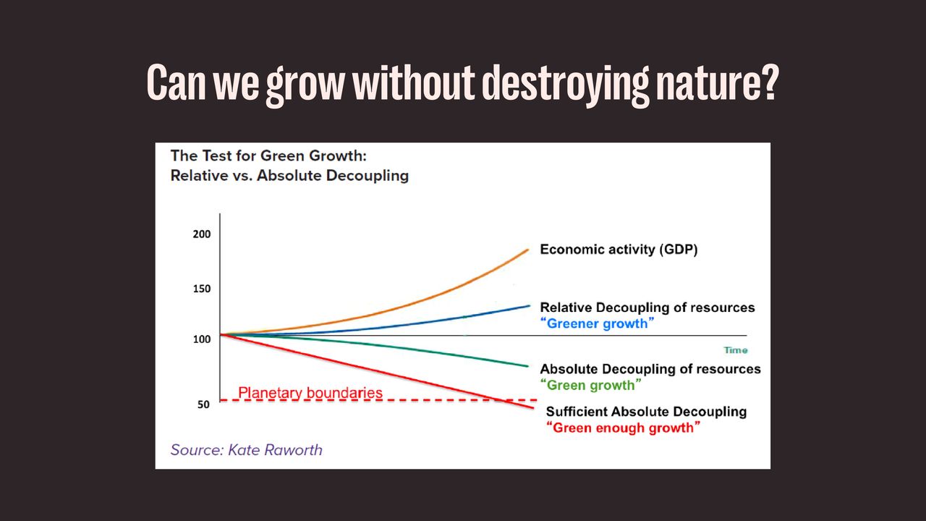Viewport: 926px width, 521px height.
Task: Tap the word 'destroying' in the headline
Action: pyautogui.click(x=564, y=85)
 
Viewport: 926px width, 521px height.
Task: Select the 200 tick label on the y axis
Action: pyautogui.click(x=202, y=234)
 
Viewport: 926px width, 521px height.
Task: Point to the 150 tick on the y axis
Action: pyautogui.click(x=202, y=289)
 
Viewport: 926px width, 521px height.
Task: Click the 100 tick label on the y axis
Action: pyautogui.click(x=202, y=339)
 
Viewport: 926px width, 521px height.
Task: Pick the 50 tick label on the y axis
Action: pyautogui.click(x=204, y=404)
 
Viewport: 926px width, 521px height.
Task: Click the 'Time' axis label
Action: pyautogui.click(x=735, y=350)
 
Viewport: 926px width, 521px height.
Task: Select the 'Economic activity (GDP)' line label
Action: pyautogui.click(x=619, y=250)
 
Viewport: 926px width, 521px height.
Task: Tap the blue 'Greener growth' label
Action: pyautogui.click(x=598, y=323)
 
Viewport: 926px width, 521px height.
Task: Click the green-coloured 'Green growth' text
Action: pyautogui.click(x=592, y=385)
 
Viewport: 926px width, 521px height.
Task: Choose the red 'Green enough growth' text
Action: pyautogui.click(x=624, y=428)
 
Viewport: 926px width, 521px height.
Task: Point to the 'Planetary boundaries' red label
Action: pyautogui.click(x=310, y=393)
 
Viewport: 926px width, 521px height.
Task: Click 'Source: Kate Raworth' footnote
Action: pyautogui.click(x=247, y=449)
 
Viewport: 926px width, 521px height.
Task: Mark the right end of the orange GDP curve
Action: pyautogui.click(x=529, y=250)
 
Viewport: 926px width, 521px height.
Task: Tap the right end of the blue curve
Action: pyautogui.click(x=530, y=305)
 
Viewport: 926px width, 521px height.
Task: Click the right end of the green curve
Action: pyautogui.click(x=529, y=365)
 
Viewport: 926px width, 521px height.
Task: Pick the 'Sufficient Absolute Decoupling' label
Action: pyautogui.click(x=646, y=412)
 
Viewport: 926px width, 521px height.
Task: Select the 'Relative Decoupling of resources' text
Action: pyautogui.click(x=647, y=308)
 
